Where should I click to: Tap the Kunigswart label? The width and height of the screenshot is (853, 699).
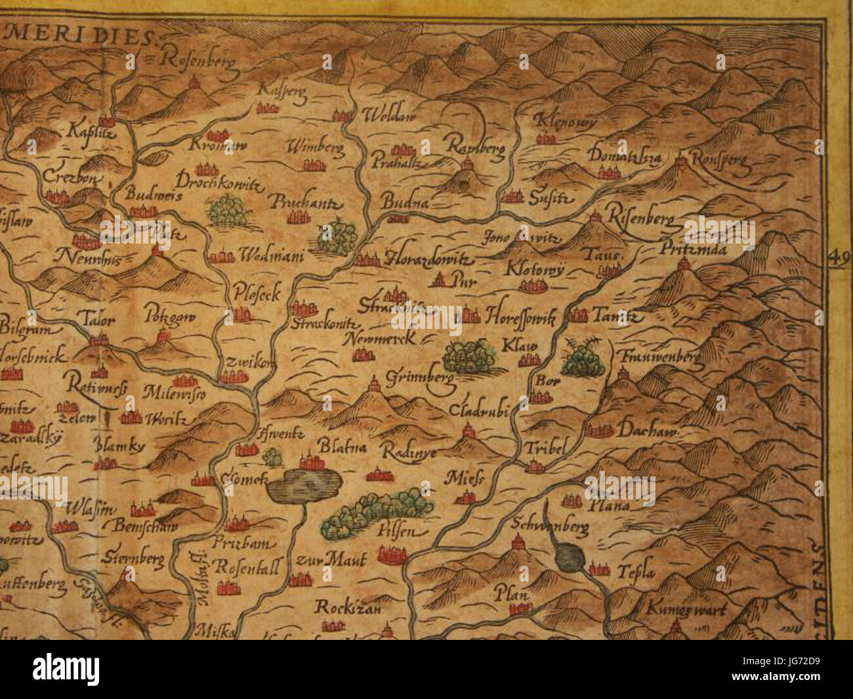point(685,609)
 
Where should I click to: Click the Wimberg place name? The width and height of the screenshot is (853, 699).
point(316,148)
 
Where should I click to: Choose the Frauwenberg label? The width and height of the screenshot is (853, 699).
point(658,358)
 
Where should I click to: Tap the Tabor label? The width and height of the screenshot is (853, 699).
point(98,322)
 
